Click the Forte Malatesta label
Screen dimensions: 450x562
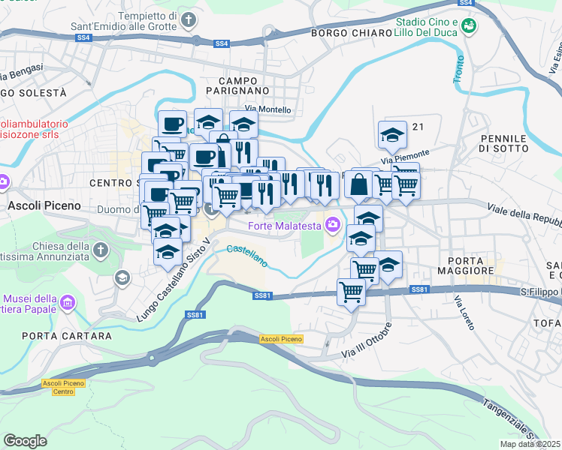284,224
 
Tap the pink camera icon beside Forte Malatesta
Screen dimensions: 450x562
331,224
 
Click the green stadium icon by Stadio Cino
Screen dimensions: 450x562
470,27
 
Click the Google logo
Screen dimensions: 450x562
25,441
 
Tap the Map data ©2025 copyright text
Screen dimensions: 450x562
530,444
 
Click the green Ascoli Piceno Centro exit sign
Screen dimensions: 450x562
63,387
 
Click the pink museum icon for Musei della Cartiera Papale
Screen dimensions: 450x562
68,303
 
